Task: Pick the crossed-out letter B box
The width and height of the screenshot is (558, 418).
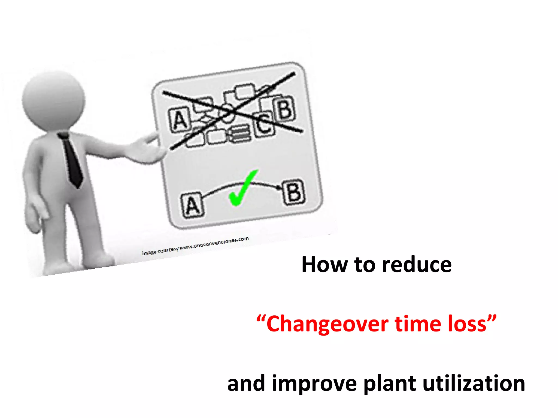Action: click(285, 109)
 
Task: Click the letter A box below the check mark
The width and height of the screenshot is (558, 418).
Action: click(192, 205)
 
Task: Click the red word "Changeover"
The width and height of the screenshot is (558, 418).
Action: click(327, 324)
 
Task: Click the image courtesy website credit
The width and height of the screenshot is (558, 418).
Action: click(195, 246)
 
